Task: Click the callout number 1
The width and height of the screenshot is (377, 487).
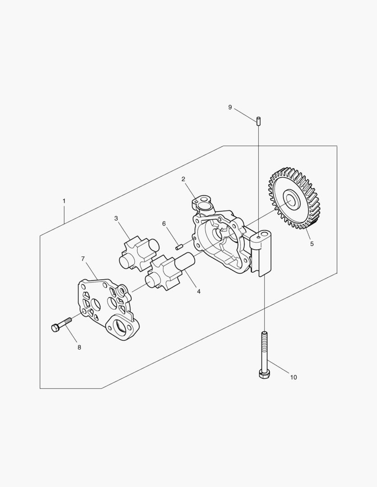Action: (64, 201)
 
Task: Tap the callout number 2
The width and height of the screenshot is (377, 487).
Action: (183, 179)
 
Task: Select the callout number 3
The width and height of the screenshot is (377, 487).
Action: (116, 218)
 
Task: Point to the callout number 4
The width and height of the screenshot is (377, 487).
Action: (199, 291)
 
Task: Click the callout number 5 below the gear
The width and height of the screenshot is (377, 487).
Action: (312, 244)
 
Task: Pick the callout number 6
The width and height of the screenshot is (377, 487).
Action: (164, 224)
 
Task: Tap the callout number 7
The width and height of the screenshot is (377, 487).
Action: (83, 258)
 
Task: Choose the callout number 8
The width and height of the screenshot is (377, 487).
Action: (79, 347)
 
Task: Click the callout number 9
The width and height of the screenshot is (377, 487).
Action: (230, 107)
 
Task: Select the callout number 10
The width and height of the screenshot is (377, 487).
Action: (293, 377)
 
